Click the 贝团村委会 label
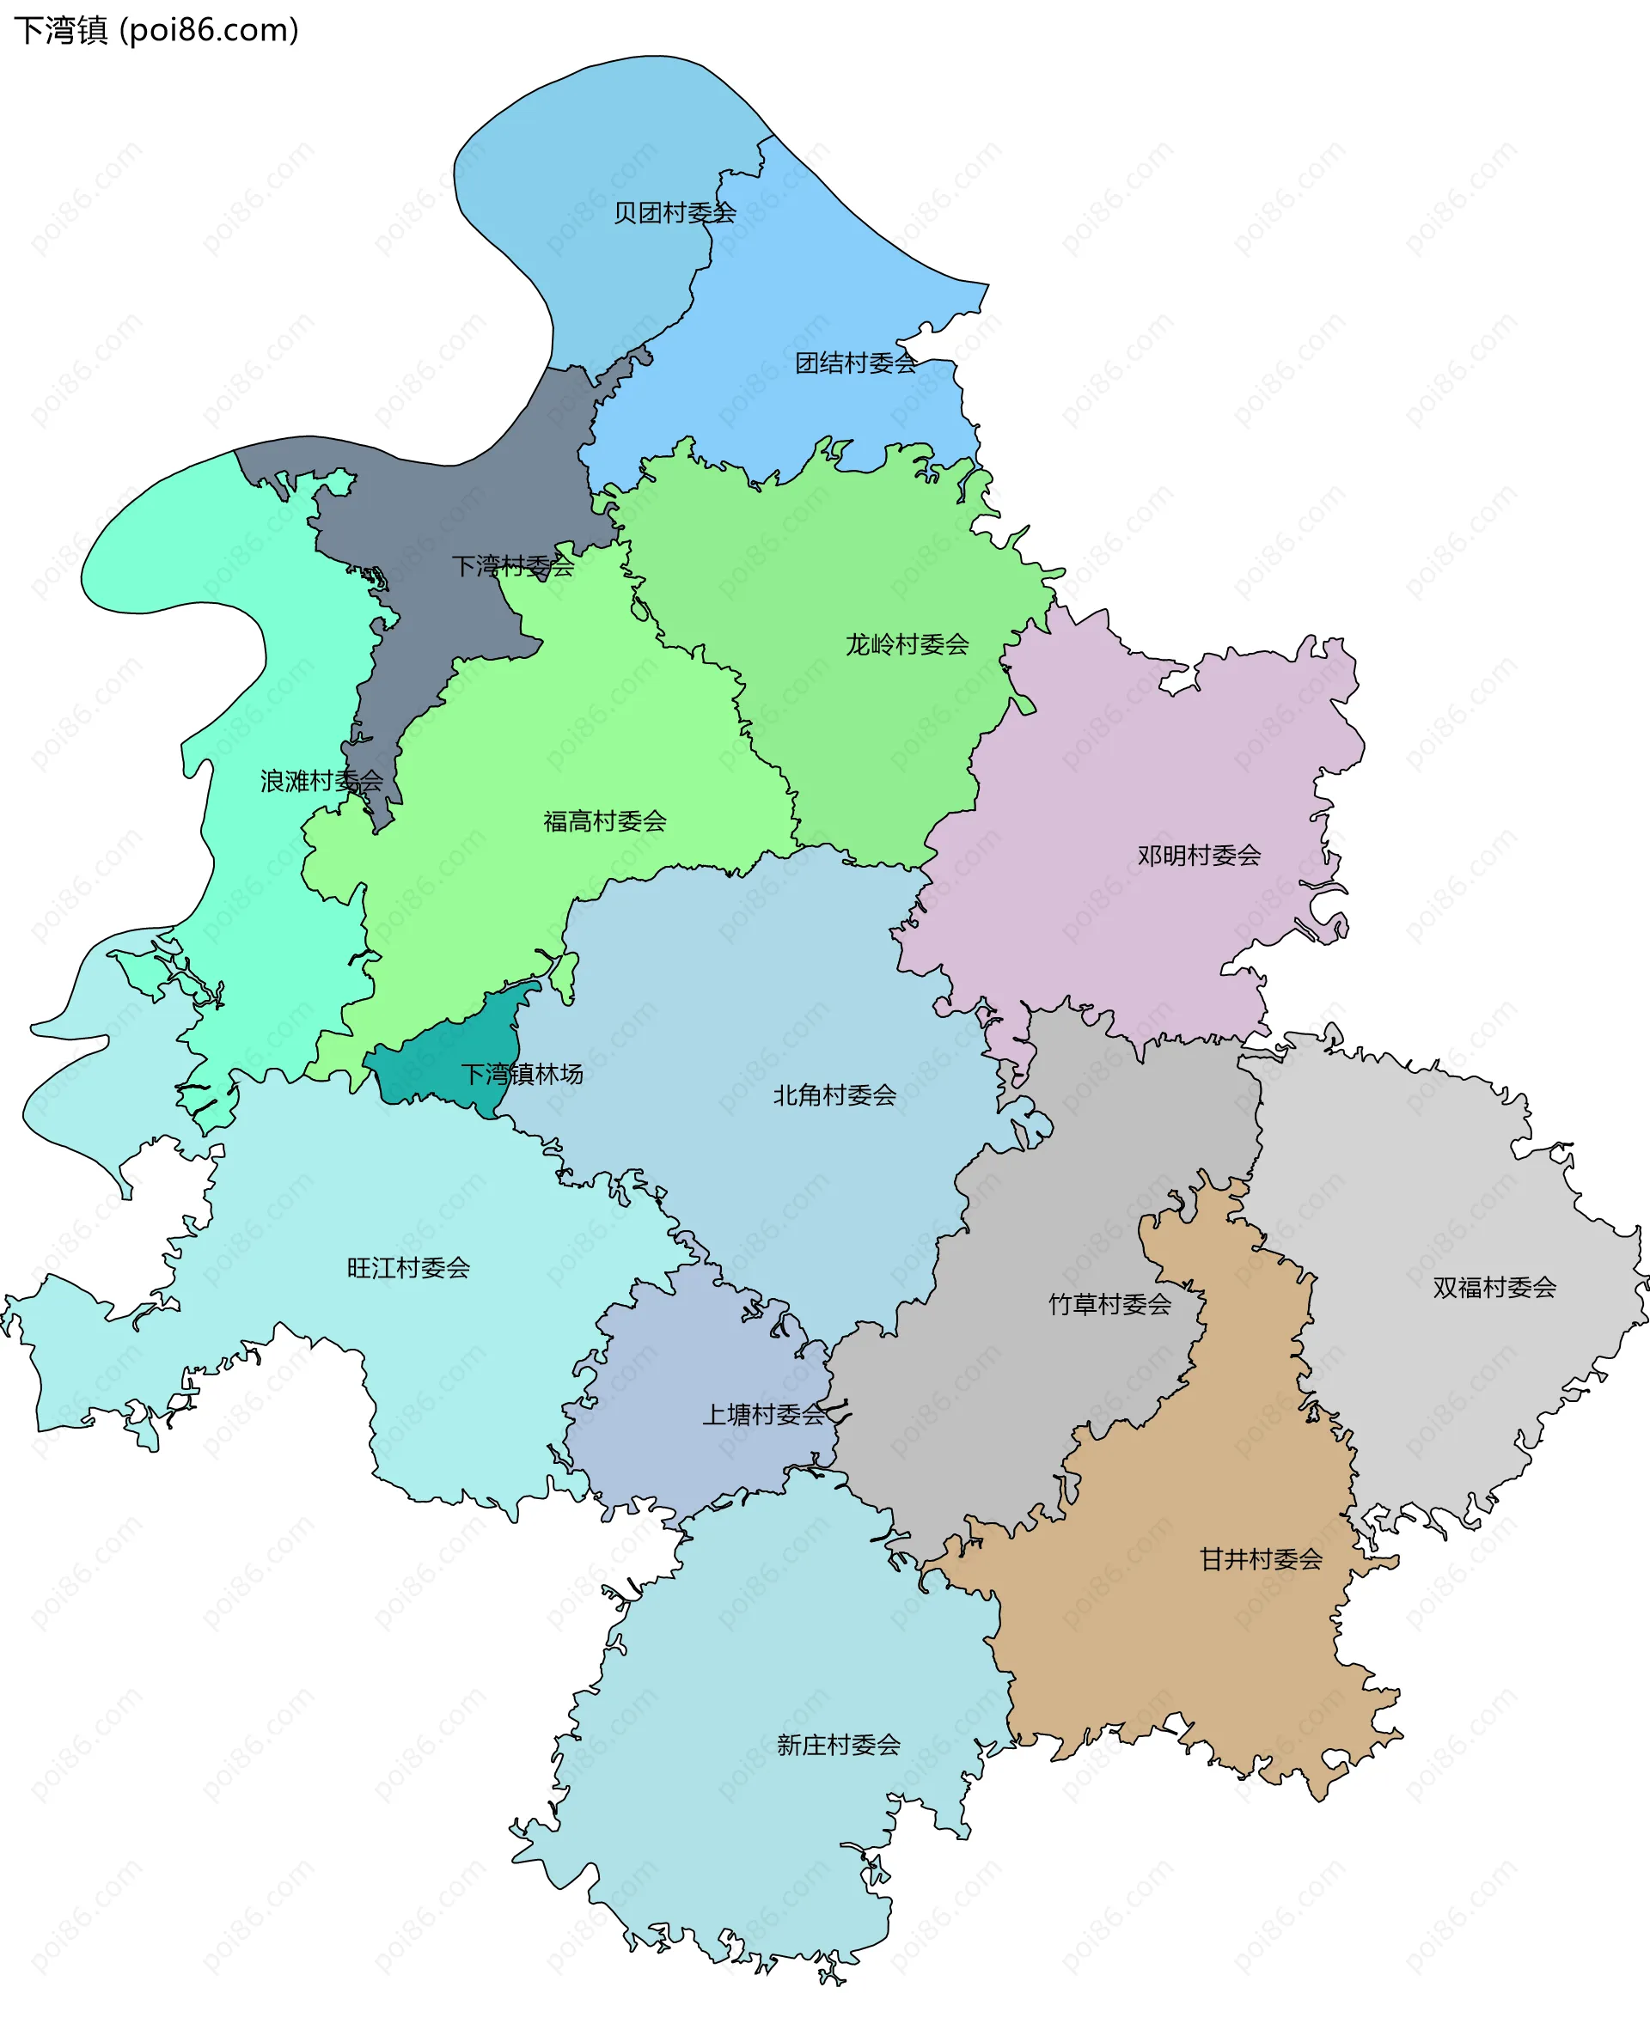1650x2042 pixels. (674, 213)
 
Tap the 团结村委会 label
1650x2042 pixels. (855, 363)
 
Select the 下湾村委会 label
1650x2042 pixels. (512, 566)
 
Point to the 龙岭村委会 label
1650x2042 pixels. (907, 644)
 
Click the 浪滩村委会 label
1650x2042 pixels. (321, 781)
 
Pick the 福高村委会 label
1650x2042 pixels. (604, 821)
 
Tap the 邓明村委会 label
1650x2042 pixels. (1199, 855)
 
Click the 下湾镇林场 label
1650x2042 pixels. (522, 1074)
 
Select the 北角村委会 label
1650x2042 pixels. (834, 1094)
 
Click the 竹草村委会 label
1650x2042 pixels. (1109, 1304)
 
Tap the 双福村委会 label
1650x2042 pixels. (1494, 1287)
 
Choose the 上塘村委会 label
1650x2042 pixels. (763, 1414)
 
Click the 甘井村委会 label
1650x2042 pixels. (1261, 1558)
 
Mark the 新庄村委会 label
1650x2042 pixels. (837, 1745)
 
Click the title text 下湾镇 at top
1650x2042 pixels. (61, 30)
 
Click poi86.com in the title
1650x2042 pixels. (209, 30)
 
